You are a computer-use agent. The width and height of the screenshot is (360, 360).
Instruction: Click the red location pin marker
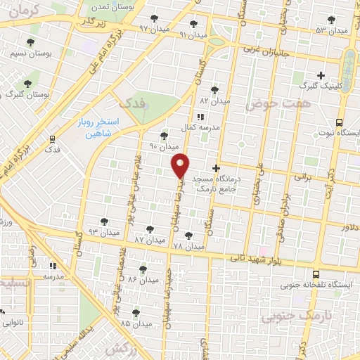point(181,165)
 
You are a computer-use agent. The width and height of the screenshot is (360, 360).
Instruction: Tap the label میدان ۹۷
point(154,29)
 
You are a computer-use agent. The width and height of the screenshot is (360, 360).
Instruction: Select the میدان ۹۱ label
point(193,34)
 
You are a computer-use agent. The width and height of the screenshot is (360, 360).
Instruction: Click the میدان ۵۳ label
point(332,30)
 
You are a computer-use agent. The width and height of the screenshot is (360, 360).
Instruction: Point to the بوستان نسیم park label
point(27,53)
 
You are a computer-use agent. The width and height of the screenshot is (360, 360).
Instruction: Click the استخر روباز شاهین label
point(99,127)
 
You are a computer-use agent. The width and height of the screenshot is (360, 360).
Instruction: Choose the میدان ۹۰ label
point(164,147)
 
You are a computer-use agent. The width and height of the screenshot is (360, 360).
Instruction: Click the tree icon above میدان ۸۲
point(214,89)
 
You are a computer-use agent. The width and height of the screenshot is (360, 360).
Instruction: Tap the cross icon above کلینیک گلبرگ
point(321,75)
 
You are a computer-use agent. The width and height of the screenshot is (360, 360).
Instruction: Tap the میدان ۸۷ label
point(149,240)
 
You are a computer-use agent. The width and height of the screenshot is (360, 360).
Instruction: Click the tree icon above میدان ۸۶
point(143,269)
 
